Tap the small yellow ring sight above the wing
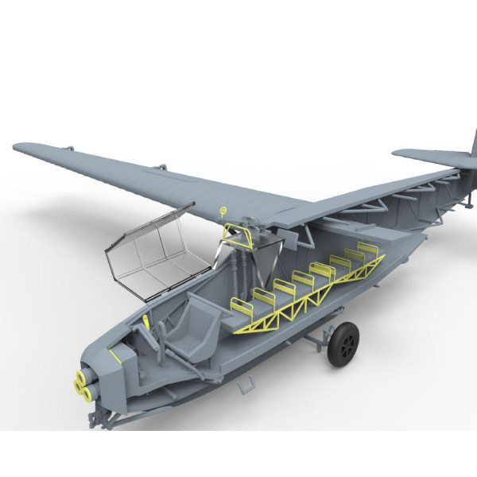(223, 211)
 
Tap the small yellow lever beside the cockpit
(148, 320)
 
